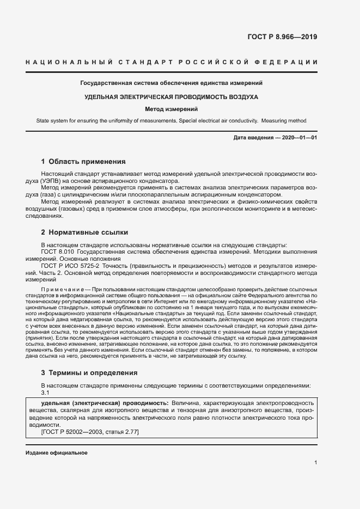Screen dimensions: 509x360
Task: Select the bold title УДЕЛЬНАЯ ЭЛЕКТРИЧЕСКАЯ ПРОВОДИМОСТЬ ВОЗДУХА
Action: pyautogui.click(x=171, y=96)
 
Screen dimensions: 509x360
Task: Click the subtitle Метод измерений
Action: pyautogui.click(x=171, y=109)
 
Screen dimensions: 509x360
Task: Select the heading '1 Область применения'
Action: pyautogui.click(x=83, y=162)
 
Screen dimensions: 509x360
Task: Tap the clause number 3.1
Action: pyautogui.click(x=46, y=392)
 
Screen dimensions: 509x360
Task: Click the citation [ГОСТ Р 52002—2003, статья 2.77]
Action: pyautogui.click(x=90, y=432)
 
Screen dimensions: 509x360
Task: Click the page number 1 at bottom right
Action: pyautogui.click(x=315, y=463)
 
